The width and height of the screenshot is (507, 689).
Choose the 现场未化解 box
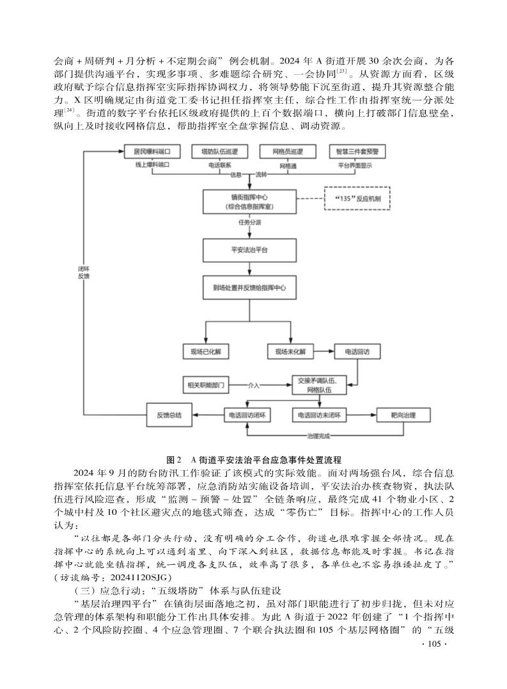[x=291, y=352]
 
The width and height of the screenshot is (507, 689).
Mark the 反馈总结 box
[x=169, y=415]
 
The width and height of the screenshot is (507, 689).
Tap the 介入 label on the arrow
[x=254, y=386]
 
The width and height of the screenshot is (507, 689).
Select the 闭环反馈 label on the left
[x=84, y=273]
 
